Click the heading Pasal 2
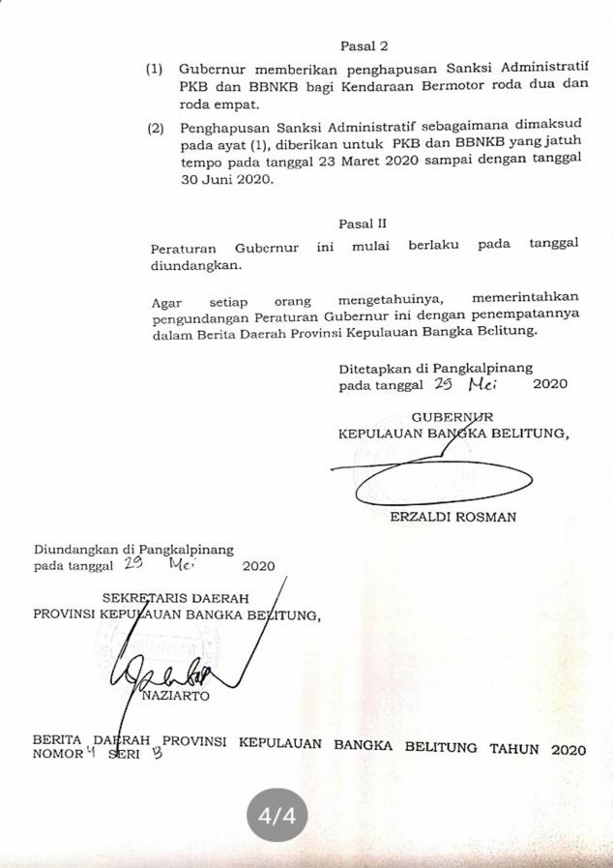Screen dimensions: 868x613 click(x=364, y=45)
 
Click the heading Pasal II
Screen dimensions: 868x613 click(x=364, y=224)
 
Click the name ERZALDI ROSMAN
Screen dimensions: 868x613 click(x=452, y=517)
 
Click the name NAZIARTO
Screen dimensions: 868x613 click(x=175, y=695)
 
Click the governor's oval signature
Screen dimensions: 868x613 click(x=445, y=480)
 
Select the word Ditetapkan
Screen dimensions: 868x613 click(x=375, y=369)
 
